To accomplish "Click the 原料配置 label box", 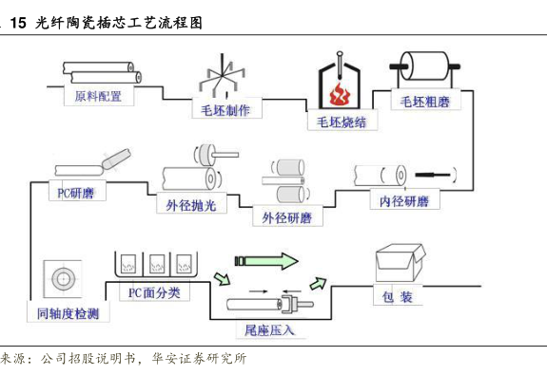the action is coord(99,96).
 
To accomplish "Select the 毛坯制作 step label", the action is coord(226,109).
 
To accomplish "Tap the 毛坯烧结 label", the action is coord(342,122).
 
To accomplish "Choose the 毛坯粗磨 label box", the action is coord(425,101).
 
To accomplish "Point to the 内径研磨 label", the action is coord(404,200).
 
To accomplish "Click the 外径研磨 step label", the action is coord(287,216).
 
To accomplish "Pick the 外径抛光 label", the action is coord(191,204).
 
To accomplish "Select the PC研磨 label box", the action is coord(77,191).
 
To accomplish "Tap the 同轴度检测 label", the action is coord(68,312).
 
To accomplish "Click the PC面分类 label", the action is coord(154,291).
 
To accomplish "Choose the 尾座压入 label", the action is coord(270,328).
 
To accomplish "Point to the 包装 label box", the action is coord(398,296).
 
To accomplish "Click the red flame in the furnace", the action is coord(339,94).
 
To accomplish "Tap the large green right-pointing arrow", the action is coord(267,261).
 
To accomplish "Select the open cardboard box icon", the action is coord(400,263).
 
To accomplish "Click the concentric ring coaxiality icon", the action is coord(63,279).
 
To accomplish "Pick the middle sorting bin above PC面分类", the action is coord(157,264).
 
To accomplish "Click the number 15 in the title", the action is coord(18,23).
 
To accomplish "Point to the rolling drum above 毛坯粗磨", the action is coord(425,66).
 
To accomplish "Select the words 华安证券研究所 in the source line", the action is coord(200,358).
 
